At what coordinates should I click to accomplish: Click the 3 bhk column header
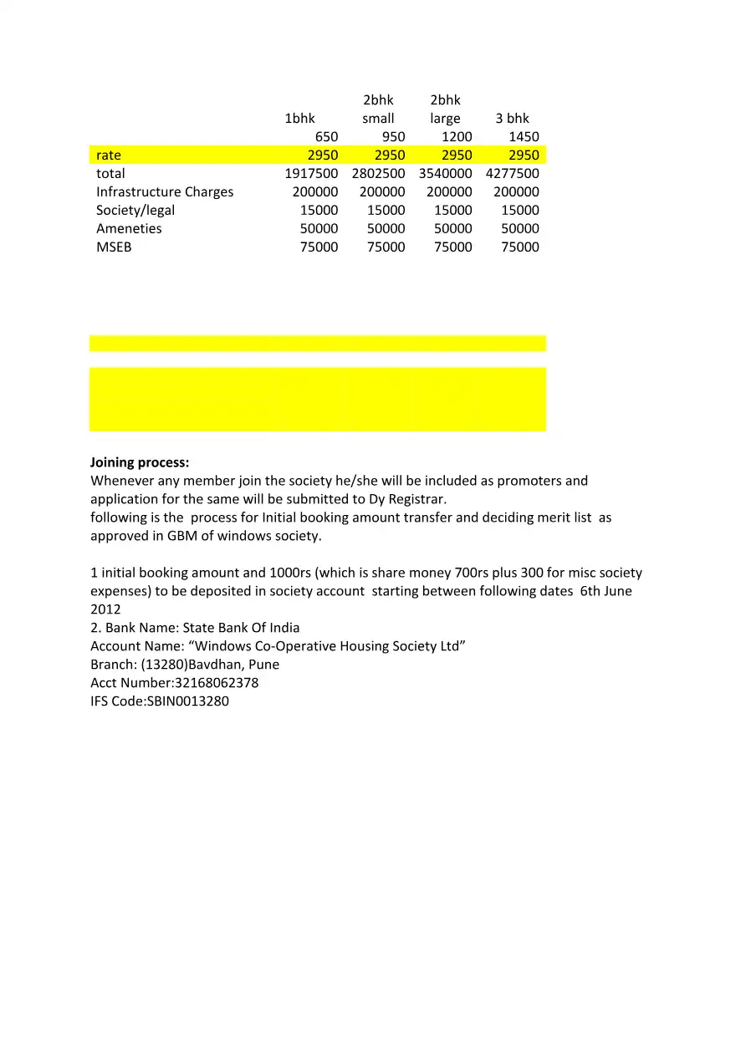point(512,119)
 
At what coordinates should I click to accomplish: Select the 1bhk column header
point(300,119)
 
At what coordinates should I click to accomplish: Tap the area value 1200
point(457,137)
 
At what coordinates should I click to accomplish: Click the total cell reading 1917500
point(311,174)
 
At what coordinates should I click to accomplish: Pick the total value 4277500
point(512,174)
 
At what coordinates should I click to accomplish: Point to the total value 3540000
point(445,174)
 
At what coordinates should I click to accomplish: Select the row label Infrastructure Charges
point(165,192)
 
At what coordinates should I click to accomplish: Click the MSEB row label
point(114,247)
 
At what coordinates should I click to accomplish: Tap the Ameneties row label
point(129,229)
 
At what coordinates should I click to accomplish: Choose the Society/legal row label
point(135,211)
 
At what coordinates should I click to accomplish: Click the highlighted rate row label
point(109,155)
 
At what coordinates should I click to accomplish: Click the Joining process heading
point(140,462)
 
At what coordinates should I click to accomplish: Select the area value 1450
point(524,137)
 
